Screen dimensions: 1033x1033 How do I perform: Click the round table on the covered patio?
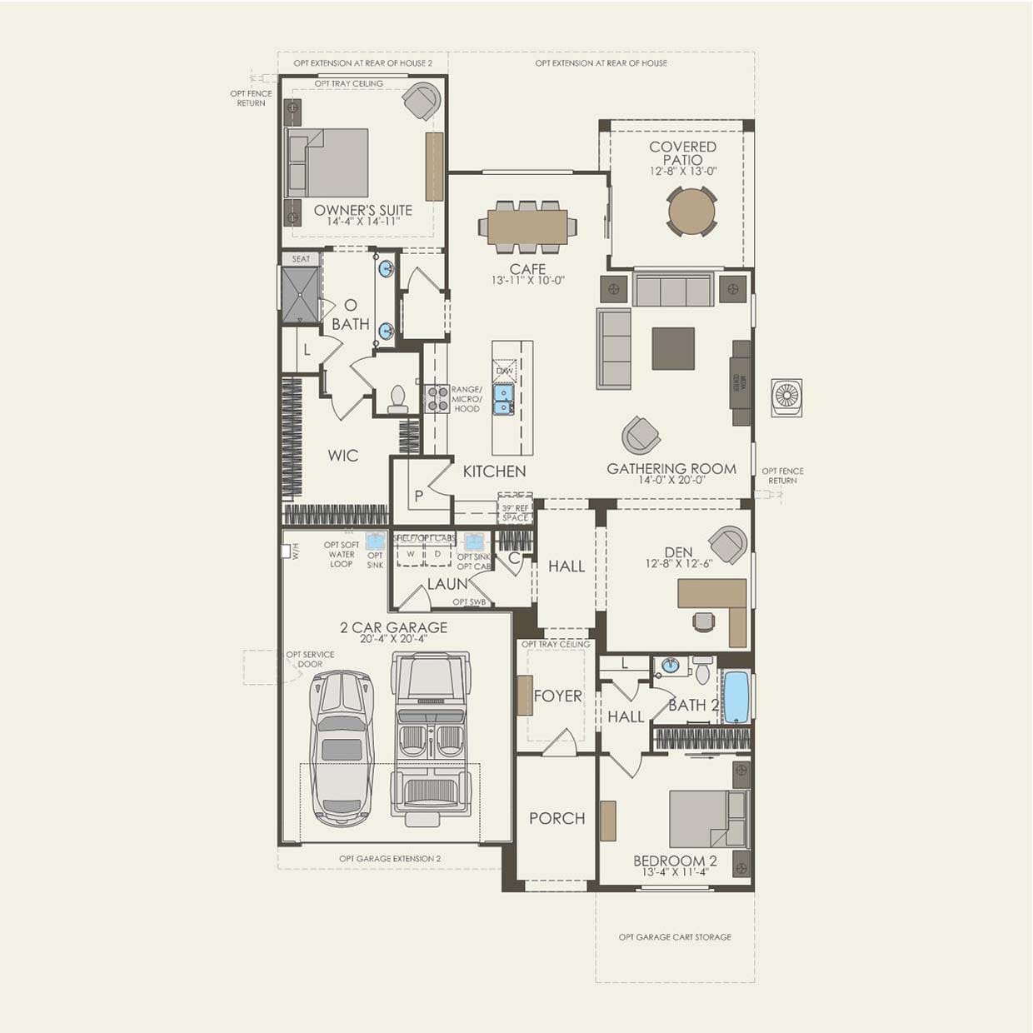(x=691, y=212)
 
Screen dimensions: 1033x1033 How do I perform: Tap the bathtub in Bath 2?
(x=736, y=696)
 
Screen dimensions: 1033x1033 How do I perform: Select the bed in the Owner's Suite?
(x=328, y=162)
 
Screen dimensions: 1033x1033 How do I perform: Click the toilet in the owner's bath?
(x=397, y=399)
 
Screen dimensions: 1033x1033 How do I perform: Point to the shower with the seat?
(x=300, y=293)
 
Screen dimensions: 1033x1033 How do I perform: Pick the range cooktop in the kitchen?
(x=437, y=399)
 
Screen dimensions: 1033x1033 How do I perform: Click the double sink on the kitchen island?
(x=503, y=399)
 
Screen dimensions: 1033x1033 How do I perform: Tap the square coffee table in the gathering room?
(x=673, y=348)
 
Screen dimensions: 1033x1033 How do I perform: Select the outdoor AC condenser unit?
(x=786, y=397)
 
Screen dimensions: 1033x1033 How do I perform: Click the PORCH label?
(x=556, y=818)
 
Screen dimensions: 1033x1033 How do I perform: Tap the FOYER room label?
(x=557, y=696)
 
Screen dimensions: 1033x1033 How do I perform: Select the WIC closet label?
(x=342, y=455)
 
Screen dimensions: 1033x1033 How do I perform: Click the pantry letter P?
(x=419, y=496)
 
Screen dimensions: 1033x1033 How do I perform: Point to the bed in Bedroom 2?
(x=707, y=820)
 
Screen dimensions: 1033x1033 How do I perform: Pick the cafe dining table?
(x=526, y=226)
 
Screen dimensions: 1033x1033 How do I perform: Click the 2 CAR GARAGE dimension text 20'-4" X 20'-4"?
(x=393, y=639)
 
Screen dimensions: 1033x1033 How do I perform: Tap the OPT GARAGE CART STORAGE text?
(x=675, y=937)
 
